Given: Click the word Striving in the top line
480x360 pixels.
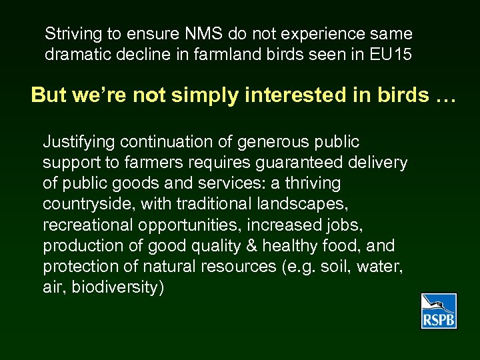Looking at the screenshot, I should click(69, 34).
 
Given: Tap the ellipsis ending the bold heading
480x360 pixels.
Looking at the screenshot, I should click(443, 95).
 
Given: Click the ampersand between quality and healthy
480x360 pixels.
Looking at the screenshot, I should click(251, 245).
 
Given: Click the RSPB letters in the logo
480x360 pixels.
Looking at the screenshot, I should click(438, 321).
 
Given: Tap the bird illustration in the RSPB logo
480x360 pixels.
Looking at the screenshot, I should click(439, 304).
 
